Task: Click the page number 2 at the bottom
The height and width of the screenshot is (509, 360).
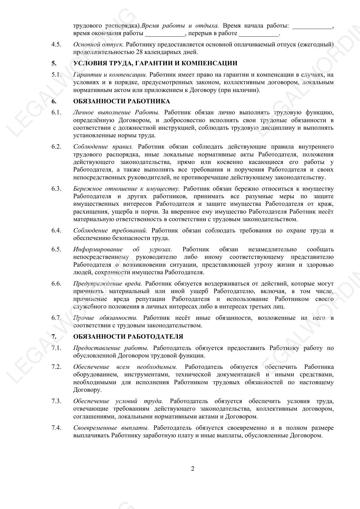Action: pos(193,469)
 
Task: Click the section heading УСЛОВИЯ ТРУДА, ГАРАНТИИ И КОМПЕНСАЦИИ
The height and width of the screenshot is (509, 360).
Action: pos(155,63)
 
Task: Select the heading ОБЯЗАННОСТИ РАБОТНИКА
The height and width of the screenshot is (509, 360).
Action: pos(122,101)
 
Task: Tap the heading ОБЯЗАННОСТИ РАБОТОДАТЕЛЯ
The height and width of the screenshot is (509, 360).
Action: pos(128,337)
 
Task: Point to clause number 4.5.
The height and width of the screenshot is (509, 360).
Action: pos(56,45)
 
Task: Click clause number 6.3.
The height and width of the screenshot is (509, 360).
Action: pos(56,189)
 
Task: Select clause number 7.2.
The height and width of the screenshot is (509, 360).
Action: pos(56,367)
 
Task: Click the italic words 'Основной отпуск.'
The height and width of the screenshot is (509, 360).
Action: pos(99,45)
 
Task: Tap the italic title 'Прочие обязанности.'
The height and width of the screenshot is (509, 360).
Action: pos(105,318)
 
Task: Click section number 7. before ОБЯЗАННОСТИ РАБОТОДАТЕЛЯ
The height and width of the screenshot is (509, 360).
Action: pos(54,337)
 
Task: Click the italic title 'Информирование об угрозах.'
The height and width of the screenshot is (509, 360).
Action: pos(122,250)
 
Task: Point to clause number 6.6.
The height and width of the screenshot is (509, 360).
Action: pos(56,284)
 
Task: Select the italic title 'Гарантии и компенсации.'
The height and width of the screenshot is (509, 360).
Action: pos(110,75)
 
